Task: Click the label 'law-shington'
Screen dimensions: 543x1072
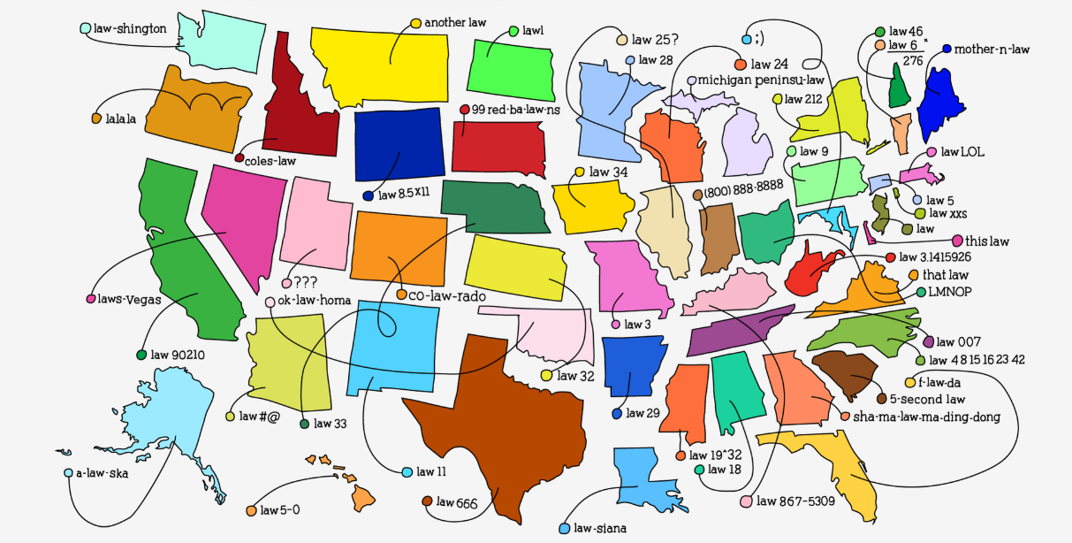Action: (x=130, y=28)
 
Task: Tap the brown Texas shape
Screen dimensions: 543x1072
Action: (x=495, y=433)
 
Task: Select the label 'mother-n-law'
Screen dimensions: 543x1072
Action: (x=992, y=50)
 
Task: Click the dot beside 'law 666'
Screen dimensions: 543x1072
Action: (x=426, y=501)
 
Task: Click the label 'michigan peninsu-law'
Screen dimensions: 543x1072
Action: (x=761, y=80)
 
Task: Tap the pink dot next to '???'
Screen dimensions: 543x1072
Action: (x=286, y=284)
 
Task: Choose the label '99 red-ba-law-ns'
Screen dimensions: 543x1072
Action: (x=517, y=110)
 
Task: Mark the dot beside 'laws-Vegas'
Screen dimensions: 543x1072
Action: (x=90, y=299)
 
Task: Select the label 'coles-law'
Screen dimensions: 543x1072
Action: (x=271, y=161)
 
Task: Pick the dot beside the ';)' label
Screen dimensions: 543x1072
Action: (x=746, y=40)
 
